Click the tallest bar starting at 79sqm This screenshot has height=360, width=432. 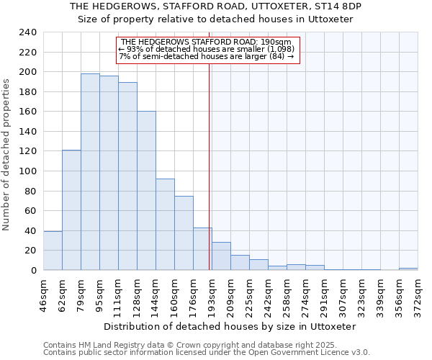click(90, 172)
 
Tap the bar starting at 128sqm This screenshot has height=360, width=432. click(146, 191)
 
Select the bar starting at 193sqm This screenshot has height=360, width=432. click(221, 256)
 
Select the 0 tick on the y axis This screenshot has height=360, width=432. click(33, 271)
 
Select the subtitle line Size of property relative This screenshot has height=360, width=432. click(215, 19)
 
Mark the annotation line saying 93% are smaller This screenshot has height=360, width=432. click(207, 49)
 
